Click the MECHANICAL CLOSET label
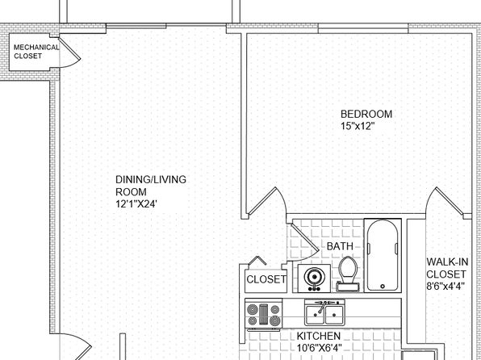[x=36, y=52]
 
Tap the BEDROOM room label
[x=366, y=114]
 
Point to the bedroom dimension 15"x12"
[x=358, y=126]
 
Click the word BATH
[x=340, y=246]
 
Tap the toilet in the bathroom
[x=348, y=274]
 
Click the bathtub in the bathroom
[x=383, y=255]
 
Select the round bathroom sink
[x=314, y=278]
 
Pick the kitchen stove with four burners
[x=264, y=314]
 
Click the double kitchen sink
[x=324, y=312]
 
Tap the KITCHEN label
[x=319, y=336]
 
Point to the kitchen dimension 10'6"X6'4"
[x=319, y=348]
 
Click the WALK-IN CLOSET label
[x=447, y=268]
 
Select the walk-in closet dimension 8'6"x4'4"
[x=445, y=286]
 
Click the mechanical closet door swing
[x=70, y=52]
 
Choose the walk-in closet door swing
[x=445, y=201]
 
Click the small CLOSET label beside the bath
[x=266, y=279]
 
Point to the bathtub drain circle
[x=383, y=287]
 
